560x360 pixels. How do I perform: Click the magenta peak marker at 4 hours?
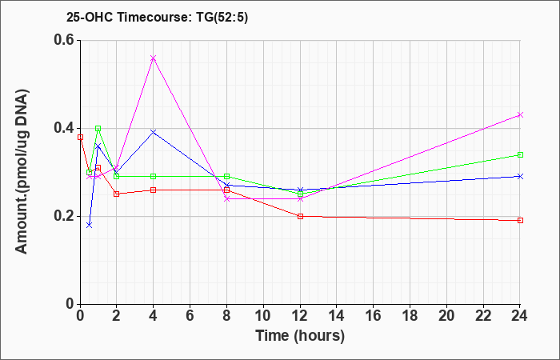pyautogui.click(x=154, y=58)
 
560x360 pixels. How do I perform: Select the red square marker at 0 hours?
pyautogui.click(x=80, y=137)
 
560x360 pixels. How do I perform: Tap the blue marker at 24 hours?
pyautogui.click(x=520, y=177)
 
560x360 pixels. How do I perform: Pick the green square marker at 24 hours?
pyautogui.click(x=520, y=154)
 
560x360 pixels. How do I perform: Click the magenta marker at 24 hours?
pyautogui.click(x=520, y=115)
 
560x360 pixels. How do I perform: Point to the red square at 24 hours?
pyautogui.click(x=520, y=220)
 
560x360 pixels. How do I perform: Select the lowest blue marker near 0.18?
pyautogui.click(x=90, y=225)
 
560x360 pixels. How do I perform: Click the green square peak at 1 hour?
pyautogui.click(x=98, y=128)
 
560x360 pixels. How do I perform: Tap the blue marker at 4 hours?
pyautogui.click(x=154, y=133)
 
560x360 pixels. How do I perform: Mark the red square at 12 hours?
pyautogui.click(x=300, y=216)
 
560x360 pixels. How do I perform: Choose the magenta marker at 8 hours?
pyautogui.click(x=226, y=198)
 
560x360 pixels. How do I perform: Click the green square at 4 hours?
pyautogui.click(x=154, y=177)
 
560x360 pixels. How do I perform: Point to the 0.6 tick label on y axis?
pyautogui.click(x=64, y=40)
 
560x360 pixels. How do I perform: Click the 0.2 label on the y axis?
pyautogui.click(x=64, y=216)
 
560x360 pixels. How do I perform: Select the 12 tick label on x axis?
pyautogui.click(x=300, y=316)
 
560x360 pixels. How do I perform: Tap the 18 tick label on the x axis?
pyautogui.click(x=410, y=316)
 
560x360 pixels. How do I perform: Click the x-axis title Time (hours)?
pyautogui.click(x=300, y=336)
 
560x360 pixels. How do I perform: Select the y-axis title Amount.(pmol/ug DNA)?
pyautogui.click(x=22, y=171)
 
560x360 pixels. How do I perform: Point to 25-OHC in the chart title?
pyautogui.click(x=90, y=17)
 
